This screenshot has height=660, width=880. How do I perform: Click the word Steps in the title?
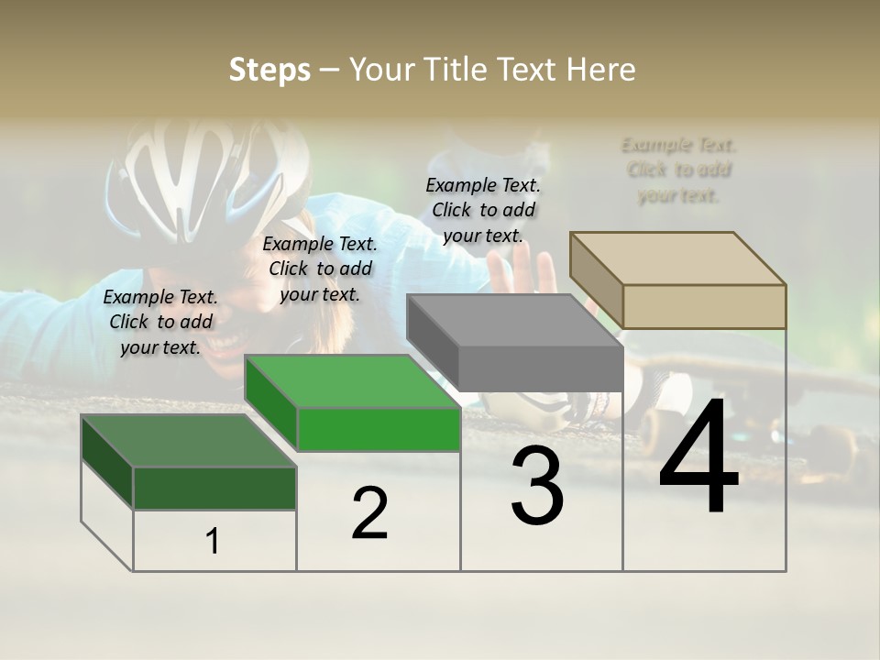269,70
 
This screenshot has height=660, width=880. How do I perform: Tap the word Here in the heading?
600,70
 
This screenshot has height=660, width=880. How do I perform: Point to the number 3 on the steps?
537,486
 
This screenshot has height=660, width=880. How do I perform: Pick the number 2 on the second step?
369,513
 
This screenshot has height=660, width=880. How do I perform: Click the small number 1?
213,542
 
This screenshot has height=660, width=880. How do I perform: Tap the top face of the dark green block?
188,440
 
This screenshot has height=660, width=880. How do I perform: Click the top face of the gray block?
513,320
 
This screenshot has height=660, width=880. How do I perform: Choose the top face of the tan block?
676,258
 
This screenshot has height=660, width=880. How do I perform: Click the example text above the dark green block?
160,322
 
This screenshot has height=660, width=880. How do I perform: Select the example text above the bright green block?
320,269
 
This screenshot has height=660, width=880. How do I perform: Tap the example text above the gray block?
483,210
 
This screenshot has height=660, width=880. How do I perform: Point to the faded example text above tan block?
678,170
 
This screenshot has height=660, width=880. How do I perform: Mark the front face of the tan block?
704,306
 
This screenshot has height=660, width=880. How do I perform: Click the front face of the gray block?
541,368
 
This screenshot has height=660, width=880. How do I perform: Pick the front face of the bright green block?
379,429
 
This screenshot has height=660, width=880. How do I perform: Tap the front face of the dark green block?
214,488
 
